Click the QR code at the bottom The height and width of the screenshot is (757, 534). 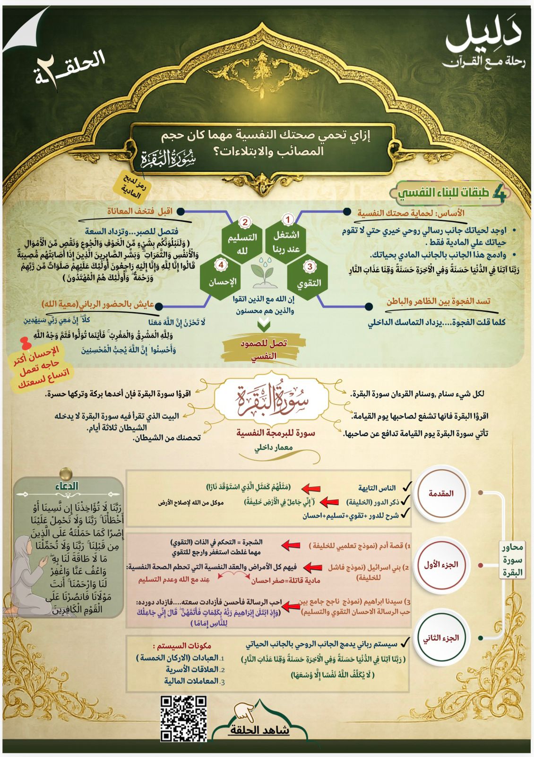pyautogui.click(x=183, y=718)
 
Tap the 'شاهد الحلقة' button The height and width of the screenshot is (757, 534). pyautogui.click(x=260, y=730)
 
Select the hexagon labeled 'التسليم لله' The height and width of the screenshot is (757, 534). pyautogui.click(x=242, y=243)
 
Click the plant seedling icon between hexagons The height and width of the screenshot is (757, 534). pyautogui.click(x=265, y=274)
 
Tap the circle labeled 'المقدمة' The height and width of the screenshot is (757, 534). pyautogui.click(x=440, y=494)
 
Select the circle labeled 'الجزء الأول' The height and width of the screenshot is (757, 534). pyautogui.click(x=440, y=564)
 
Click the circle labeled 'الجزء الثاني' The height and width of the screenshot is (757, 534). pyautogui.click(x=440, y=638)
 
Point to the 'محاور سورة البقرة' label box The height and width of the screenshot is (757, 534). pyautogui.click(x=512, y=560)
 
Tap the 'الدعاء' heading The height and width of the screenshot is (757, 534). pyautogui.click(x=67, y=486)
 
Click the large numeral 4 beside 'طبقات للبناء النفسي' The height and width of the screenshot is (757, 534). pyautogui.click(x=499, y=193)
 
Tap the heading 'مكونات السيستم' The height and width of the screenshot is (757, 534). pyautogui.click(x=183, y=646)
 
